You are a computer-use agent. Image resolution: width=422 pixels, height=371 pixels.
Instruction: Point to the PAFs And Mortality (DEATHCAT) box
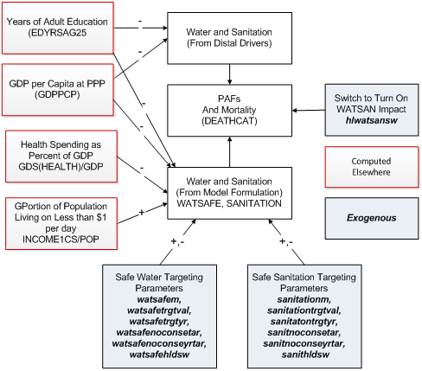227,111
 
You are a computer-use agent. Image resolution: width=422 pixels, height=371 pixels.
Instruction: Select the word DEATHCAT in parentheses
227,123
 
